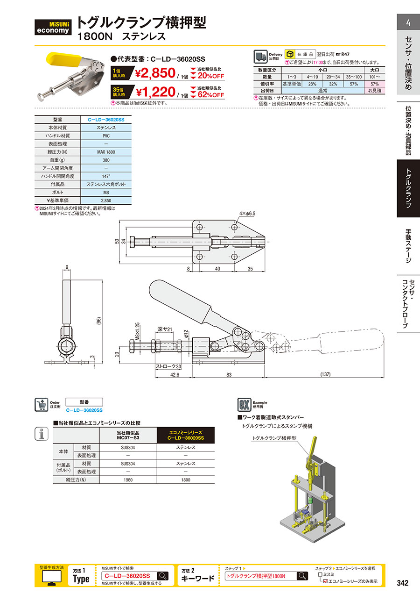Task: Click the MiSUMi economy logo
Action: tap(53, 27)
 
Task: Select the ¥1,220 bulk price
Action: tap(154, 92)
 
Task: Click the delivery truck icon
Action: tap(260, 57)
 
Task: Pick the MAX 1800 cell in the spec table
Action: tap(106, 151)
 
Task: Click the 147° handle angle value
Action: tap(106, 176)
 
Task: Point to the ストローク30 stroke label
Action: tap(168, 367)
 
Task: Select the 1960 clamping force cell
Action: tap(128, 479)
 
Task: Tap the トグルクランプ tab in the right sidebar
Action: tap(408, 188)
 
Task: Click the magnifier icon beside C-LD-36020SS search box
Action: tap(162, 576)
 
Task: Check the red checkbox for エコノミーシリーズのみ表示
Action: tap(325, 581)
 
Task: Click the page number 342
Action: tap(402, 583)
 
